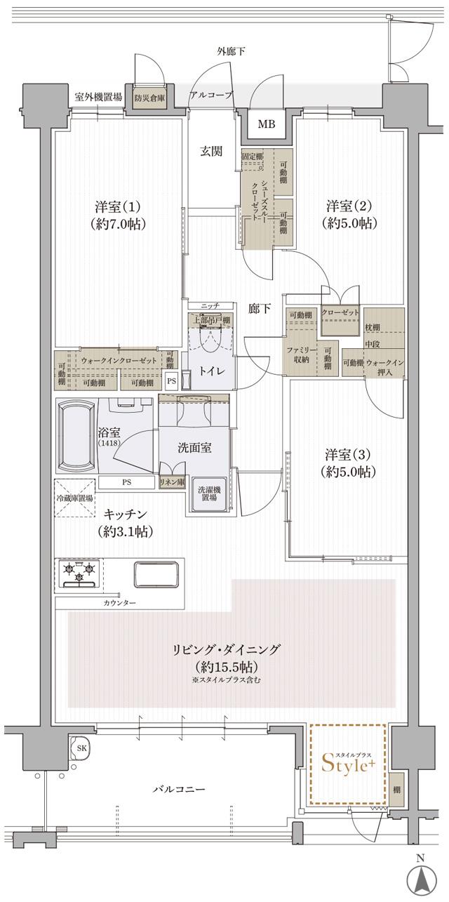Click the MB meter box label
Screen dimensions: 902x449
tap(266, 125)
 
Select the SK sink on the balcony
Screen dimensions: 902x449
tap(81, 748)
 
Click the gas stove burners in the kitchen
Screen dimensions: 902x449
tap(79, 572)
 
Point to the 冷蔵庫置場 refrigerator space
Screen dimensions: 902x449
tap(74, 498)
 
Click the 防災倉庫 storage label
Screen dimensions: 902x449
tap(150, 98)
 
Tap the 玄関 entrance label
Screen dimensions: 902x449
tap(212, 151)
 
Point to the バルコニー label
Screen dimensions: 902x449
tap(180, 790)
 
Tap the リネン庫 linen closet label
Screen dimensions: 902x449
tap(172, 483)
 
